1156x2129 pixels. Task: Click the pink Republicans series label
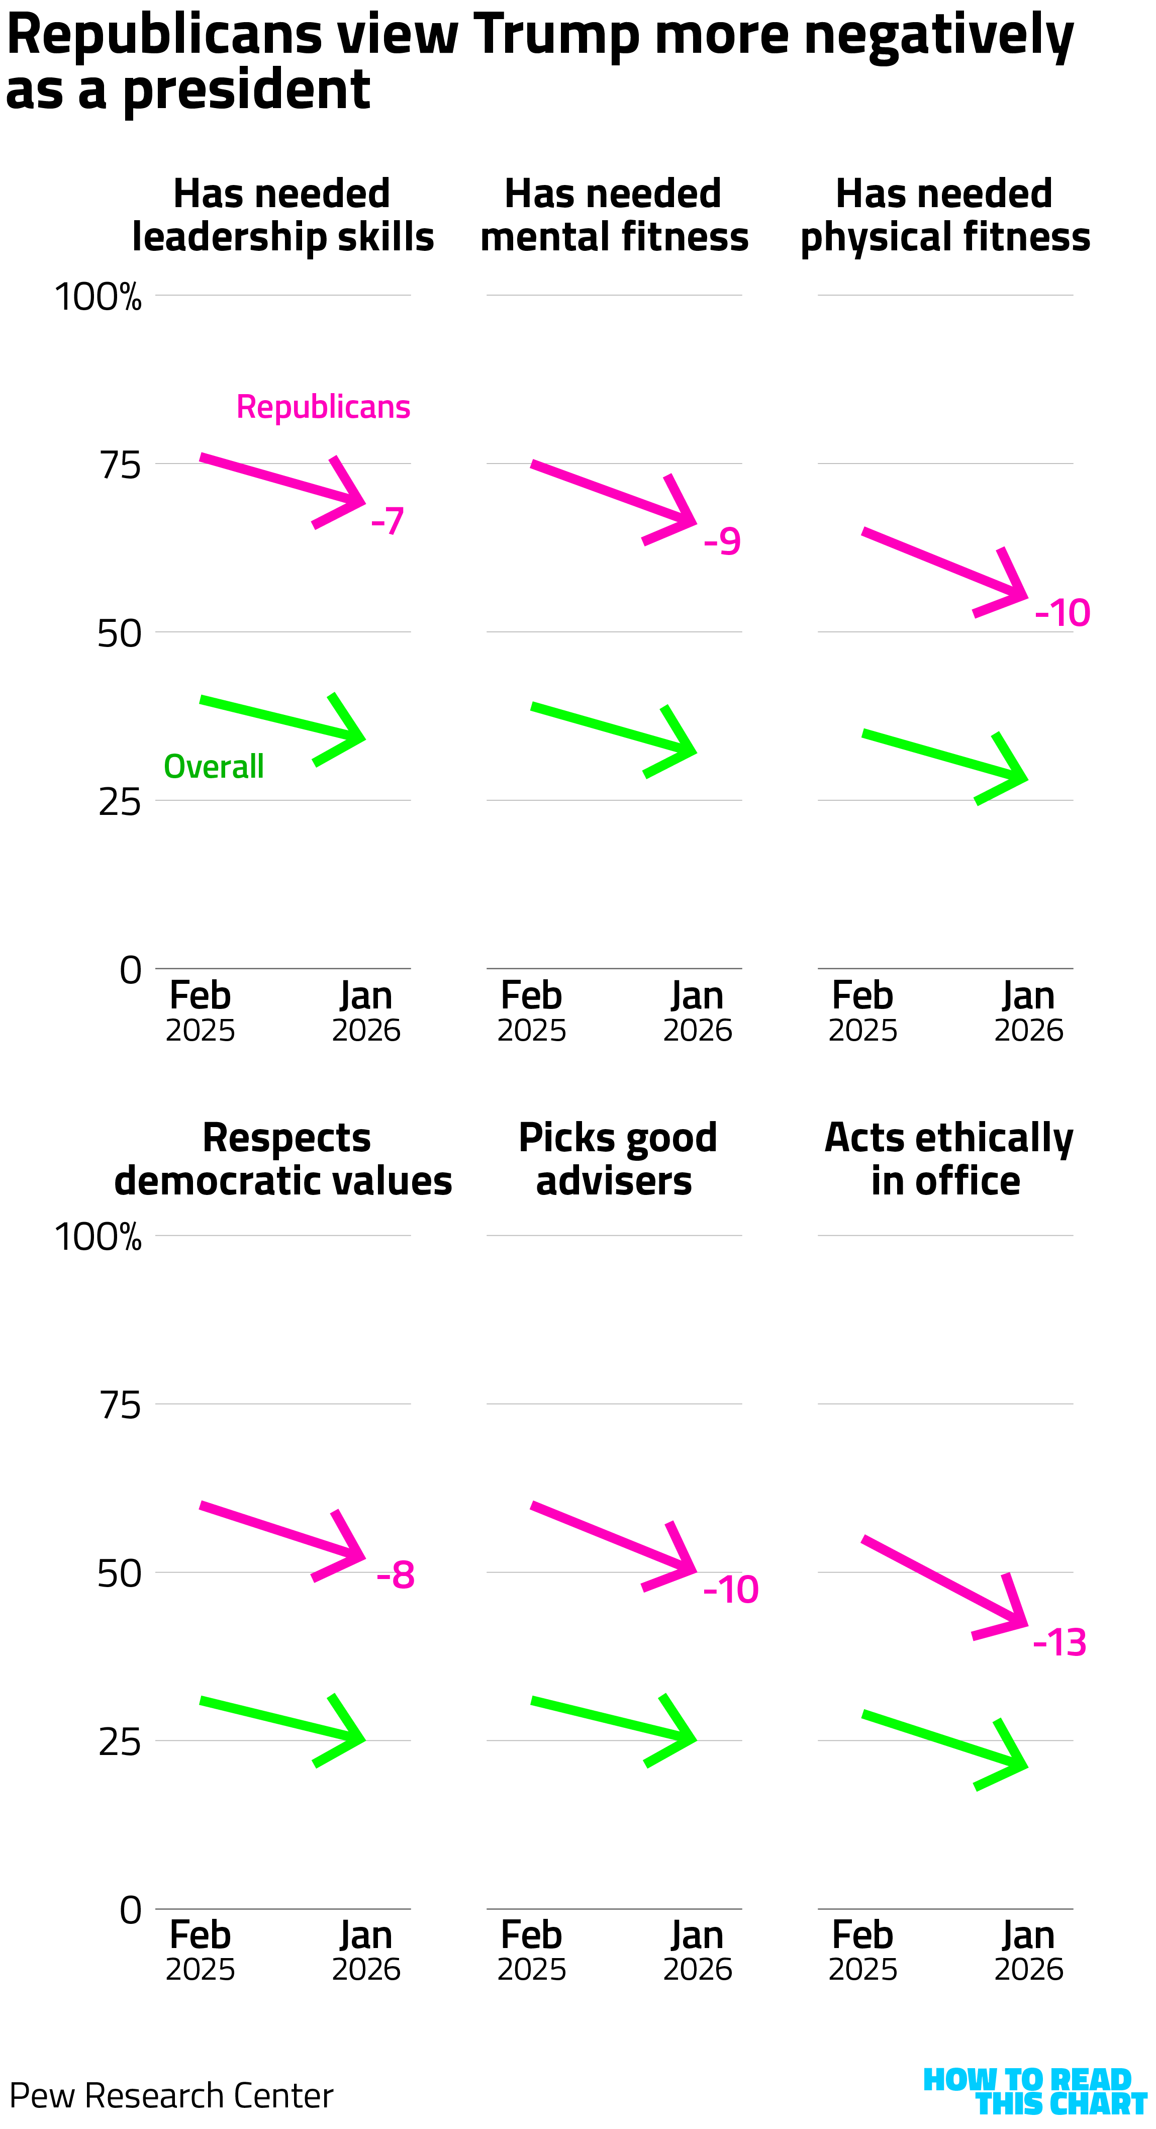[x=323, y=407]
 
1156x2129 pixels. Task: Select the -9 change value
[x=722, y=541]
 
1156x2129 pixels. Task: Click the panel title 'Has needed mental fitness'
[x=614, y=215]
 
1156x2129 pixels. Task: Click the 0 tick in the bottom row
[x=131, y=1910]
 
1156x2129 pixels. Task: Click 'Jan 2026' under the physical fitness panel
[x=1028, y=1011]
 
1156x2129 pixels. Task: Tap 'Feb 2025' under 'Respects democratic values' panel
[x=201, y=1951]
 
